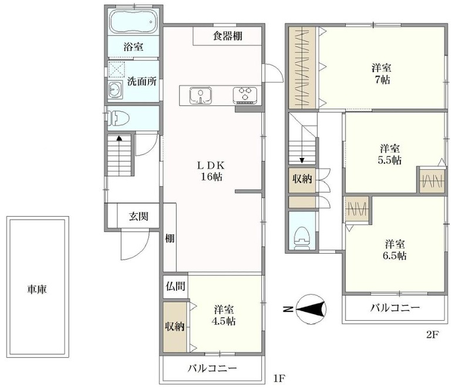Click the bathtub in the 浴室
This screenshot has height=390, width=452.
pos(133,22)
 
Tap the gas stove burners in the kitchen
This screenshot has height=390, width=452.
pos(245,94)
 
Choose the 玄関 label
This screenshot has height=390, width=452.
pos(139,216)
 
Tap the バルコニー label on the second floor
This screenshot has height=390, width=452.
pos(394,308)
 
